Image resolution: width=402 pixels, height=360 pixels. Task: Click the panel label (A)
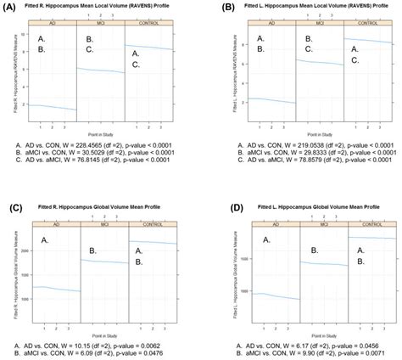11,7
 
